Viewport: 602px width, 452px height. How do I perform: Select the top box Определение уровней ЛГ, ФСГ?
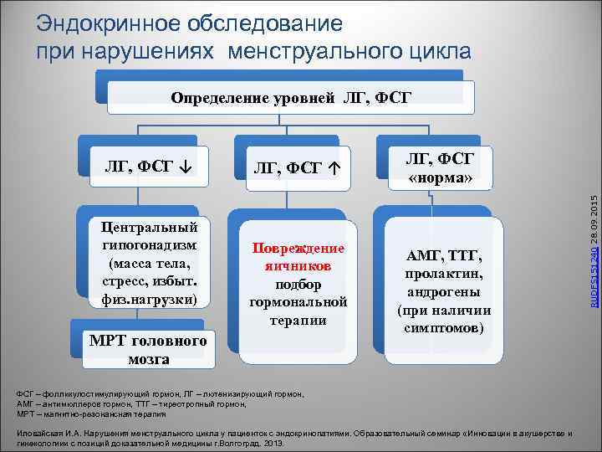click(x=291, y=99)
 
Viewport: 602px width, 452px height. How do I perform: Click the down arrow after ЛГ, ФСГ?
click(x=184, y=164)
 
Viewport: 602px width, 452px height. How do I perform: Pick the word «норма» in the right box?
click(x=440, y=179)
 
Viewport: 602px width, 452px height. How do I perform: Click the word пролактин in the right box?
click(x=443, y=275)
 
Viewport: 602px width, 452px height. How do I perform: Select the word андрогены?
click(x=443, y=292)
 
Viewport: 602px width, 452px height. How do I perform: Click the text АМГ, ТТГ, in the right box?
click(x=443, y=257)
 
